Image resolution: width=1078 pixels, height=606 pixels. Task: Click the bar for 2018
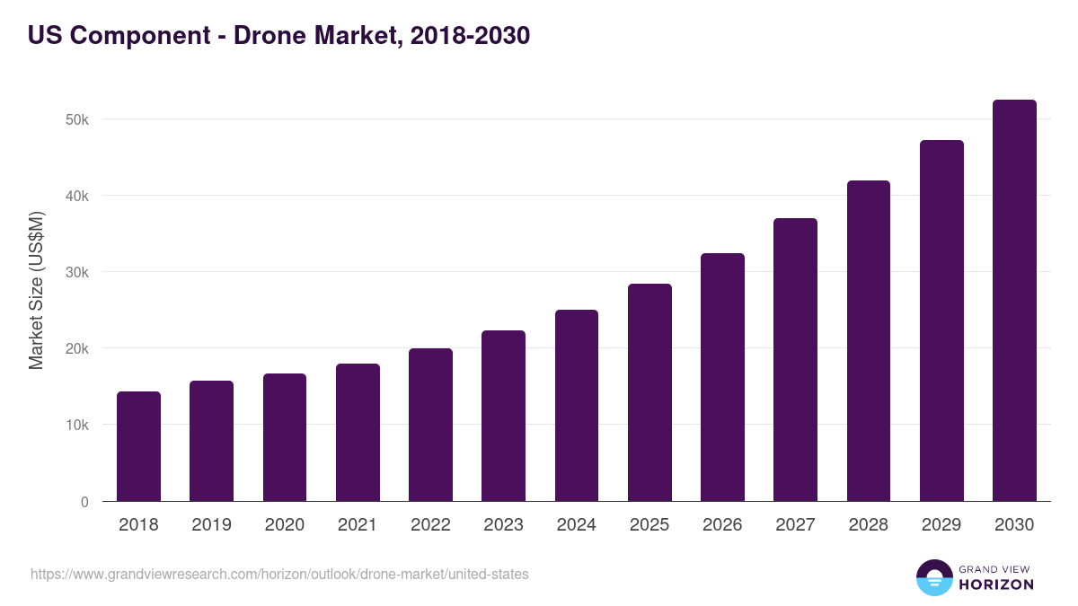tap(138, 446)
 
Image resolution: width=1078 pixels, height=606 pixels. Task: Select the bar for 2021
tap(358, 432)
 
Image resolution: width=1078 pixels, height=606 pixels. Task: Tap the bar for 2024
tap(577, 405)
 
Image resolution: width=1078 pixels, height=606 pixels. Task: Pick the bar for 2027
tap(795, 359)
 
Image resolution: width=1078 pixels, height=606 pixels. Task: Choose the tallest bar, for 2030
tap(1014, 300)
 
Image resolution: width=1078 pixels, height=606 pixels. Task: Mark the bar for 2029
tap(941, 321)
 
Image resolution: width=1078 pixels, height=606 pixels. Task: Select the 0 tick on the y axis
tap(84, 502)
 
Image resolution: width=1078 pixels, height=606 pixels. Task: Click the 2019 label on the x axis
tap(211, 525)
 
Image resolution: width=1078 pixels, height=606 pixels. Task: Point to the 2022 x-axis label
tap(430, 525)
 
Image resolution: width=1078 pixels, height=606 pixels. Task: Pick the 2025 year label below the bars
tap(649, 525)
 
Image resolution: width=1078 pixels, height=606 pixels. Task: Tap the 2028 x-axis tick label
tap(868, 525)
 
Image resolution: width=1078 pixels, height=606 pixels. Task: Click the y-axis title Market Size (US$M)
tap(36, 290)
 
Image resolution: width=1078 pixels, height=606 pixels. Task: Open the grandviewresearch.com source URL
tap(279, 574)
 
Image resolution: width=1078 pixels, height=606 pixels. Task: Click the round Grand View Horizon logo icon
tap(933, 577)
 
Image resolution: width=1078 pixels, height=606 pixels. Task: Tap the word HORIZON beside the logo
tap(996, 584)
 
